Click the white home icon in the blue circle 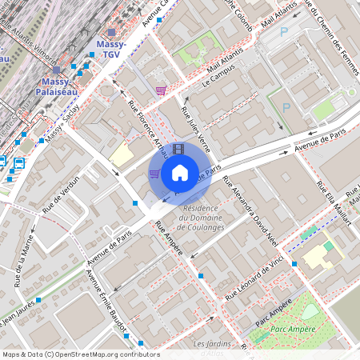180,172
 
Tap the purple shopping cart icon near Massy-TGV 161,90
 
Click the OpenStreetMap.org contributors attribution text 104,354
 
